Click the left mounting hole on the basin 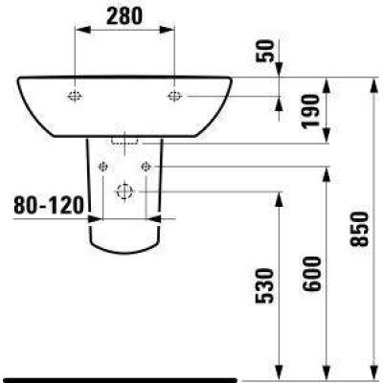pos(75,95)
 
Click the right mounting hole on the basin pos(174,95)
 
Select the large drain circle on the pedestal pos(124,191)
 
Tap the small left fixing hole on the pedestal pos(101,167)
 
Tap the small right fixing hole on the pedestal pos(146,167)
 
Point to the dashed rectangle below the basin pos(124,140)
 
